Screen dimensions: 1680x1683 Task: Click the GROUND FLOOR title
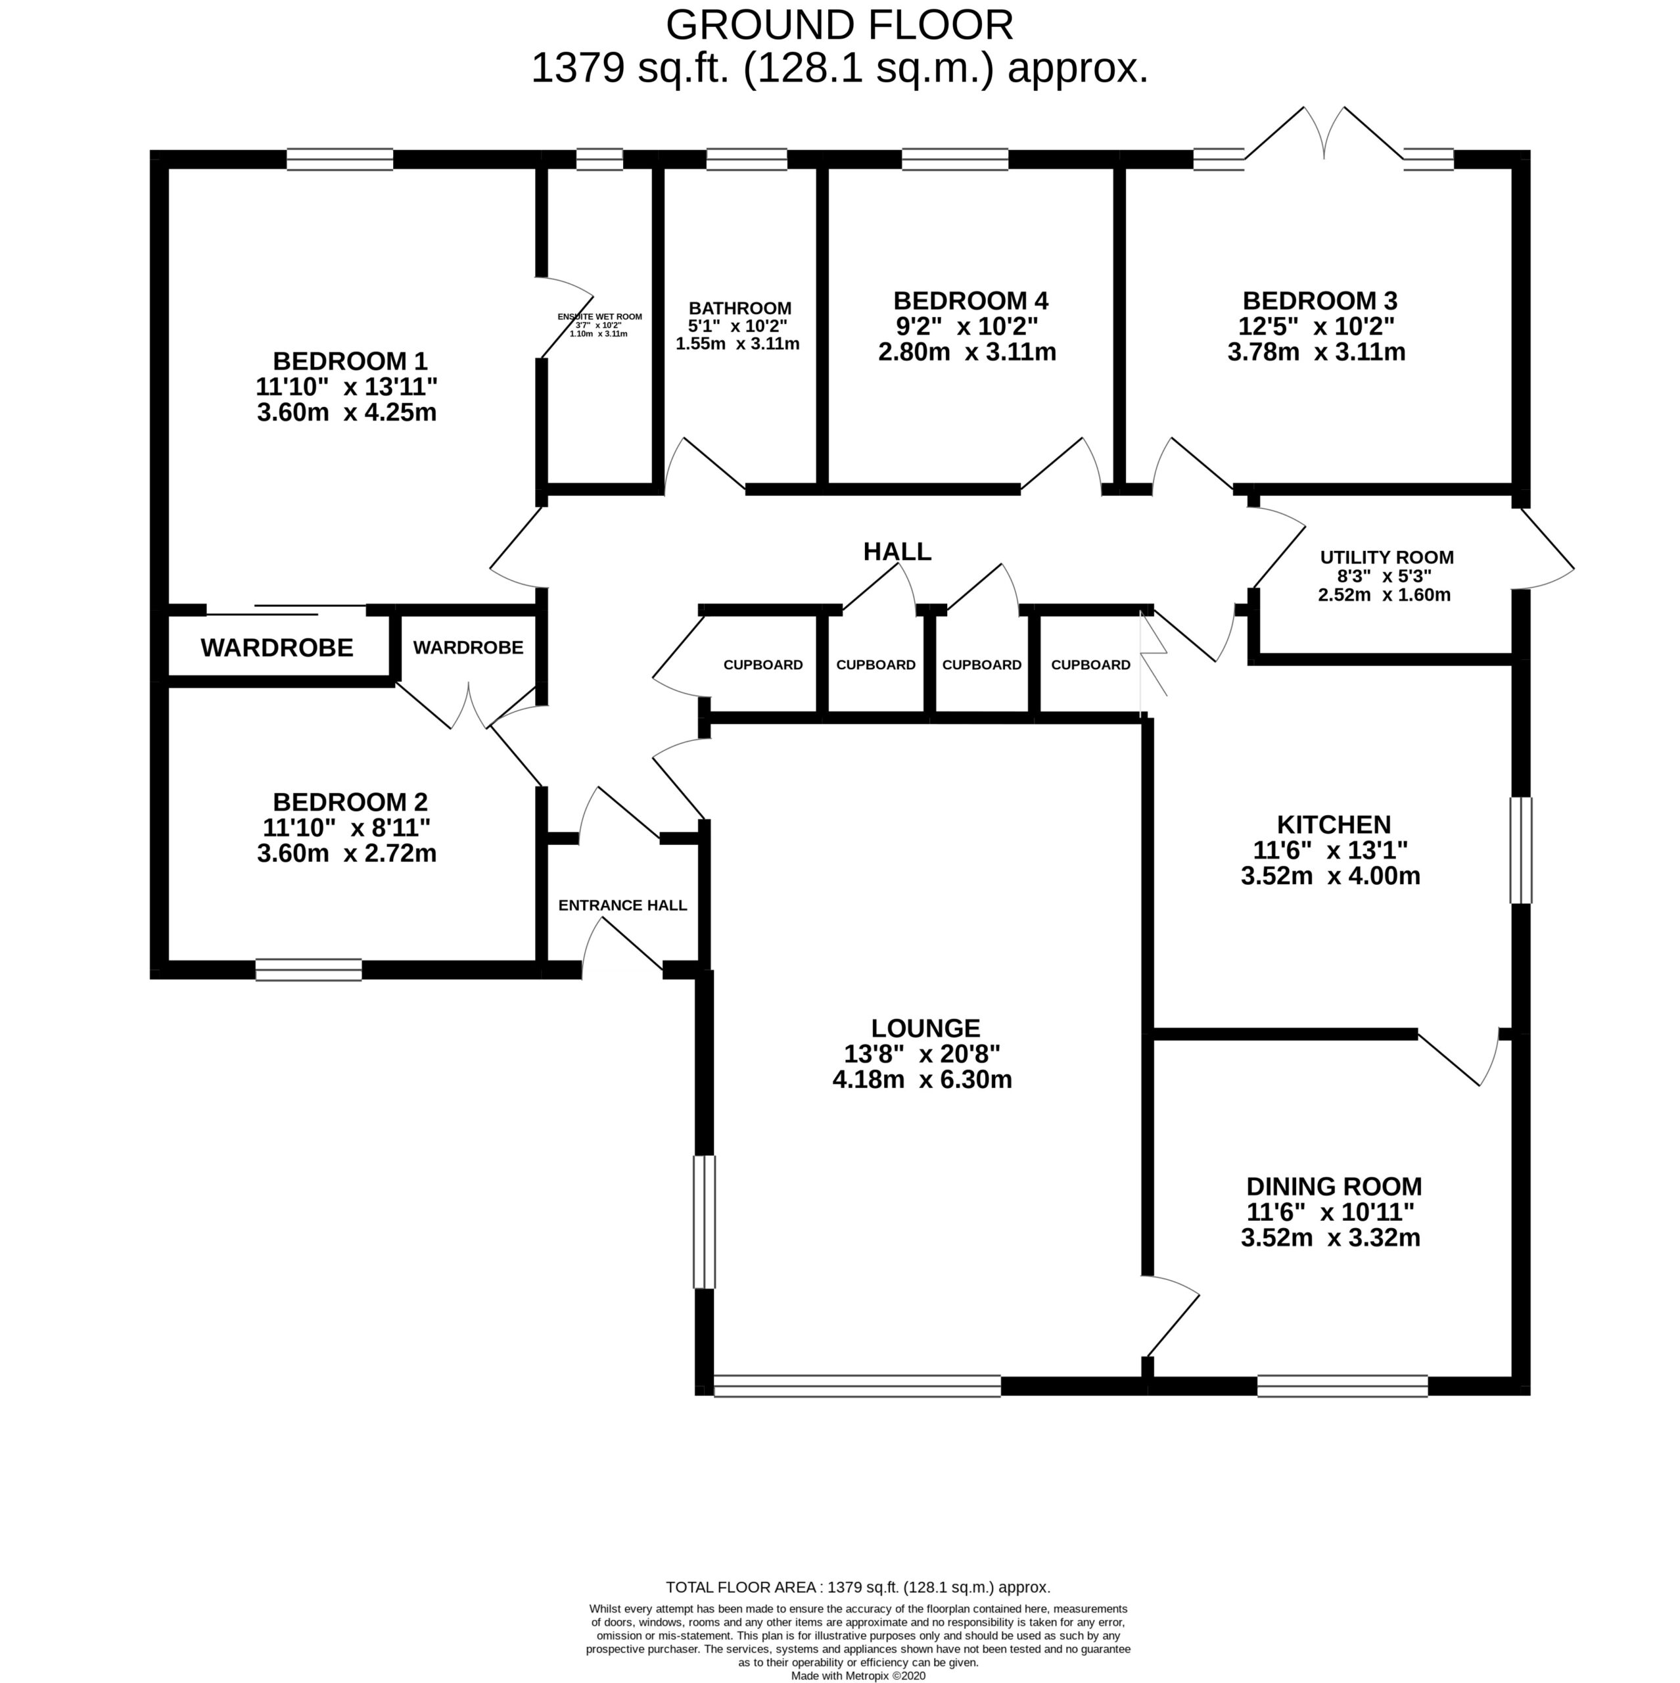(x=839, y=26)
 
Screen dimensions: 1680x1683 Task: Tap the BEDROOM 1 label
(x=350, y=361)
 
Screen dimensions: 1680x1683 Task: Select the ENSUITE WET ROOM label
(x=600, y=316)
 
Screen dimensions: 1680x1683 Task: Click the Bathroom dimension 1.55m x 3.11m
(x=737, y=344)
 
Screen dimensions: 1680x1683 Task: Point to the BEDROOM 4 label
(x=971, y=301)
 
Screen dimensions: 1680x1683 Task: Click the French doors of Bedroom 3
(x=1324, y=135)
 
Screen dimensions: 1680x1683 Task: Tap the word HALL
(x=897, y=552)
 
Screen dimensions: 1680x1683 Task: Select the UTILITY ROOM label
(x=1386, y=557)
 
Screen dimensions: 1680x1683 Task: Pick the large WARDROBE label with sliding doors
(x=277, y=648)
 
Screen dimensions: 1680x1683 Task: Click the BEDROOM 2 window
(x=308, y=970)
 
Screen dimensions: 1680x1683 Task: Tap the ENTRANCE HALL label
(x=622, y=905)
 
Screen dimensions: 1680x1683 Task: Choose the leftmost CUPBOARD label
(x=763, y=665)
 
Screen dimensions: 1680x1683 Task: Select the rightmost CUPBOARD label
(x=1090, y=665)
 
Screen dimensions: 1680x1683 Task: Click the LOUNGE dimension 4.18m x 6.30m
(x=922, y=1080)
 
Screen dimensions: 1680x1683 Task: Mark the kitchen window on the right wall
(x=1521, y=850)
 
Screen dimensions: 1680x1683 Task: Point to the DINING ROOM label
(x=1334, y=1187)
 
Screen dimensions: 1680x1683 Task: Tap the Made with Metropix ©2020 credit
(x=858, y=1675)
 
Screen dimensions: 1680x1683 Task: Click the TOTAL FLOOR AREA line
(x=858, y=1611)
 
